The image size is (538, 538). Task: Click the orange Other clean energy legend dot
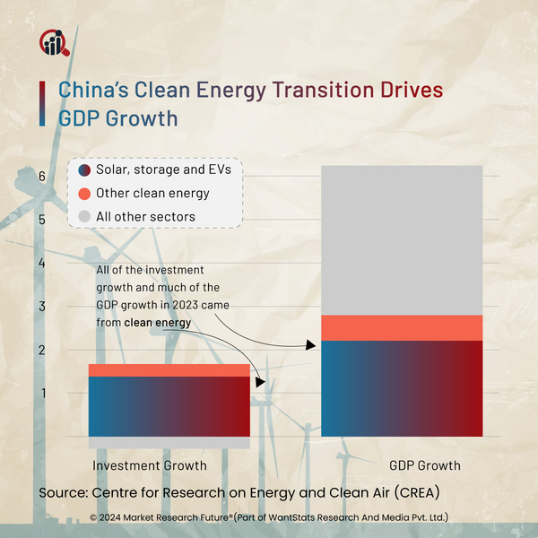83,194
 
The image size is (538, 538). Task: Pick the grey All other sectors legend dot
83,217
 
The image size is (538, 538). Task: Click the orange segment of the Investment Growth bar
169,370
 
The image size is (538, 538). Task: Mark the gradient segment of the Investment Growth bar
169,406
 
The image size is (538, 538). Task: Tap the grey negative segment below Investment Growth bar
169,443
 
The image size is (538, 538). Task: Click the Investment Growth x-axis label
150,465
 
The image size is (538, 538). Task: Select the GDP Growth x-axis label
425,465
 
